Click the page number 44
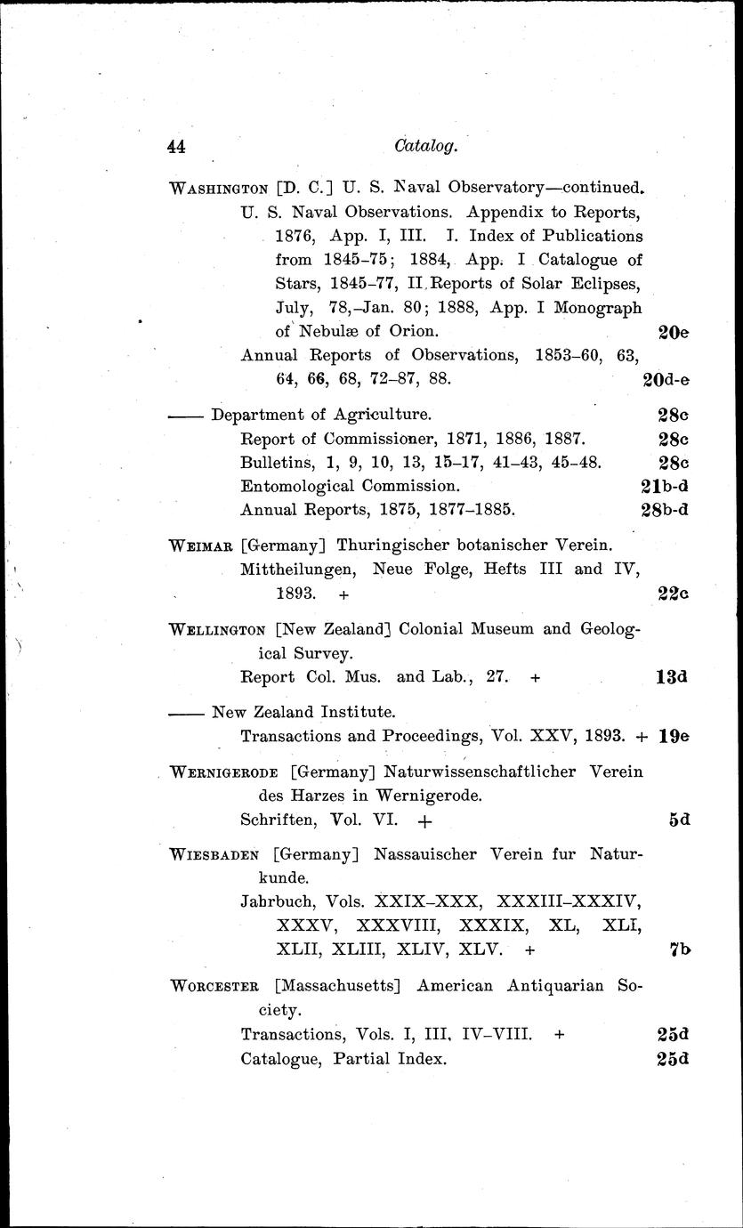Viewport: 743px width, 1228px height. (x=181, y=148)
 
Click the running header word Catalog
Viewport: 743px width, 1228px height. (x=425, y=146)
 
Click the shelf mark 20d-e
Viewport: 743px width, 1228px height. (x=666, y=379)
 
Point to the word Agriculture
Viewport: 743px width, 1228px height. (x=379, y=415)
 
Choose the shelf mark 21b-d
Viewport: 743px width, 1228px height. (x=666, y=487)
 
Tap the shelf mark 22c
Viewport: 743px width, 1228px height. (x=674, y=594)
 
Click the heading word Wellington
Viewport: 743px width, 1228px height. (x=219, y=628)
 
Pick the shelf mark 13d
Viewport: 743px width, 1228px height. (x=674, y=677)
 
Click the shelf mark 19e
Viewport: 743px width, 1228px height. (x=675, y=737)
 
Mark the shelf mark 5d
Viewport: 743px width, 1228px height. (x=680, y=820)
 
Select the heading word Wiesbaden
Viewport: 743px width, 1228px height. (x=214, y=855)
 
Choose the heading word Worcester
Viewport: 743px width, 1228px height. (x=214, y=986)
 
